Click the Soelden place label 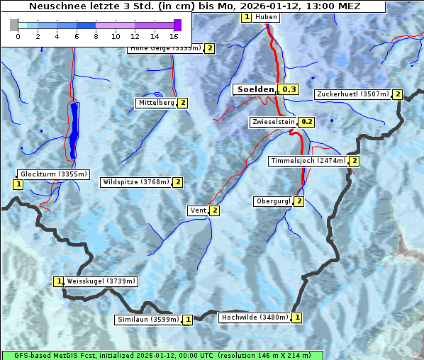(x=255, y=89)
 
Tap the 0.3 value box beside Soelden (x=289, y=89)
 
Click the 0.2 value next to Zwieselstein (x=307, y=122)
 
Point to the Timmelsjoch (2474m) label (x=308, y=161)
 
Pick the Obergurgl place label (x=272, y=201)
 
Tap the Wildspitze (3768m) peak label (x=136, y=182)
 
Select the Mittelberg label (x=156, y=103)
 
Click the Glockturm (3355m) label (x=54, y=174)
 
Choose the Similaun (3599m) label (x=148, y=320)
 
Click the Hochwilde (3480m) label (x=255, y=317)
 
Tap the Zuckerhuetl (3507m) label (x=354, y=94)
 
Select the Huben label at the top (x=266, y=17)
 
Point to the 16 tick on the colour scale (x=174, y=35)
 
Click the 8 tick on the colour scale (x=96, y=35)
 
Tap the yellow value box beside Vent (x=214, y=210)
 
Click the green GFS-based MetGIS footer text (x=162, y=355)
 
